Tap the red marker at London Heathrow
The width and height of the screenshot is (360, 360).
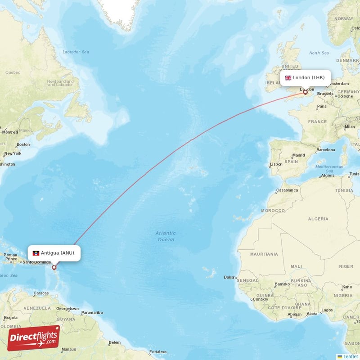[x=306, y=93]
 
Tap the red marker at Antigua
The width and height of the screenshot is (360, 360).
[x=54, y=268]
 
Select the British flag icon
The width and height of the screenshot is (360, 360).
[x=288, y=78]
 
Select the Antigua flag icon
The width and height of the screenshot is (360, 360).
[x=36, y=253]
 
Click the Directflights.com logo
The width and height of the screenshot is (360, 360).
[x=34, y=338]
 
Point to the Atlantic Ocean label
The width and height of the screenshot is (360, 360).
[x=166, y=236]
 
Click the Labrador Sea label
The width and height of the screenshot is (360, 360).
[x=76, y=52]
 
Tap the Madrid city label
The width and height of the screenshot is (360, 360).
[x=299, y=155]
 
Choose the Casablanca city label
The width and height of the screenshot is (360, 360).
[x=287, y=190]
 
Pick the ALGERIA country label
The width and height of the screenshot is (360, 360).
[x=318, y=219]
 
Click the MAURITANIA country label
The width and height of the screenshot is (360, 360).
[x=264, y=254]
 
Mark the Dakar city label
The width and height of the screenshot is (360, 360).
[x=229, y=277]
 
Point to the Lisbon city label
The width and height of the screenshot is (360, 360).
[x=276, y=164]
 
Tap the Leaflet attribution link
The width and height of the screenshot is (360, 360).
[x=351, y=356]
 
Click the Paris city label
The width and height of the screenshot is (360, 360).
[x=321, y=107]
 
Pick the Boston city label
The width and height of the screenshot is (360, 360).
[x=23, y=144]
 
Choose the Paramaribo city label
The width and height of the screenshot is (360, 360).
[x=93, y=312]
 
